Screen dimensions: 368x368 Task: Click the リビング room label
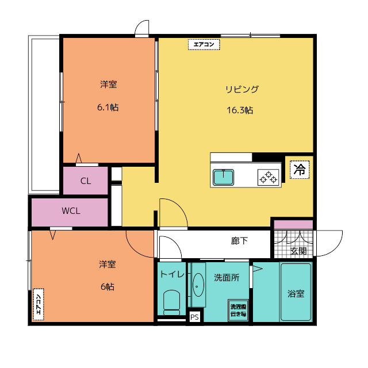[241, 89]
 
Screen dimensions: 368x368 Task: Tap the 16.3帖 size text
[240, 110]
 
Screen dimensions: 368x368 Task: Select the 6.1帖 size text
[108, 107]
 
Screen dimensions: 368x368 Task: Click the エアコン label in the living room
[204, 44]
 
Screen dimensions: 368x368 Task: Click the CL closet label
[86, 181]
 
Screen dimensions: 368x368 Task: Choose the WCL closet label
[71, 210]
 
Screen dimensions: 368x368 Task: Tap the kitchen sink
[223, 178]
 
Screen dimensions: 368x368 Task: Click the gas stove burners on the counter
[268, 178]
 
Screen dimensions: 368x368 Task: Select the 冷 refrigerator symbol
[299, 170]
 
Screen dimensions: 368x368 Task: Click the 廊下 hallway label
[239, 241]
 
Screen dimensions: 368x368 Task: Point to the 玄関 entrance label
[298, 251]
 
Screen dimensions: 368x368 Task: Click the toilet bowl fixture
[171, 301]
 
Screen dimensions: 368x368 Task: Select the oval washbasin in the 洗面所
[198, 285]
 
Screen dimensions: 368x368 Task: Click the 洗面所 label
[226, 277]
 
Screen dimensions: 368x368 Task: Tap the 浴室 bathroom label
[296, 293]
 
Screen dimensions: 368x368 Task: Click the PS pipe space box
[194, 317]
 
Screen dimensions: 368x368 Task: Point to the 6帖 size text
[107, 286]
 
